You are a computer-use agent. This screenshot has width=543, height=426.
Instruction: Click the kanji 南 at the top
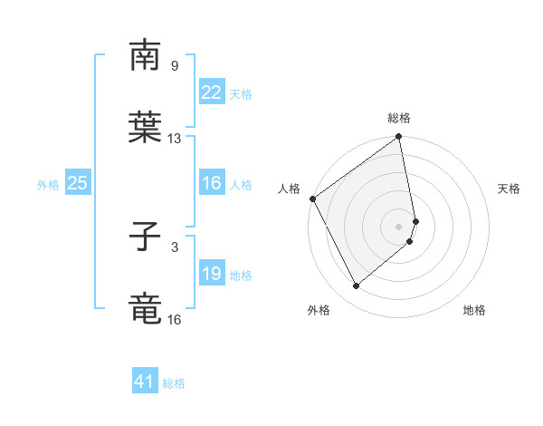(145, 55)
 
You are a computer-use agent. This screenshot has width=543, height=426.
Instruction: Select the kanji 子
(145, 237)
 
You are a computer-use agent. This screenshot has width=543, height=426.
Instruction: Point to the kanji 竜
(145, 309)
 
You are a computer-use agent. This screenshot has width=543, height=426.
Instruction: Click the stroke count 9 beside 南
(174, 65)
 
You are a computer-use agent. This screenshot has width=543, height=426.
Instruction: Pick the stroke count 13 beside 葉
(175, 139)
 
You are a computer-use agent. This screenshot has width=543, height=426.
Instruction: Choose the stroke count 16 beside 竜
(175, 320)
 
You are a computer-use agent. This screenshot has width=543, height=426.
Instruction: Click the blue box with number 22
(211, 92)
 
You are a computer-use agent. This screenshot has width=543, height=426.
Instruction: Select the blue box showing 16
(211, 183)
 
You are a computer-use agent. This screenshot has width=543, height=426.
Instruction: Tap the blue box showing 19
(211, 274)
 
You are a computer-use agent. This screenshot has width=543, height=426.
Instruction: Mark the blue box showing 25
(77, 183)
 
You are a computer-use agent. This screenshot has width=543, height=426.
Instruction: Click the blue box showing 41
(145, 382)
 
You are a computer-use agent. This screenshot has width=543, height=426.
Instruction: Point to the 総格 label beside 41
(174, 383)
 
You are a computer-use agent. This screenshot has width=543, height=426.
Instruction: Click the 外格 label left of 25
(48, 185)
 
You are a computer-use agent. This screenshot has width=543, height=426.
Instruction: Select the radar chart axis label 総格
(399, 118)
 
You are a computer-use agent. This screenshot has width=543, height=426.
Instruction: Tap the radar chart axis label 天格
(510, 189)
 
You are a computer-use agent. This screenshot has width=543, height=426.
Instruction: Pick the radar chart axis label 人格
(290, 189)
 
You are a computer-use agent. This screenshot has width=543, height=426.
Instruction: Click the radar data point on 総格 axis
(398, 138)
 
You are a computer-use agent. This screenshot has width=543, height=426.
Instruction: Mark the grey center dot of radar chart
(399, 226)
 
